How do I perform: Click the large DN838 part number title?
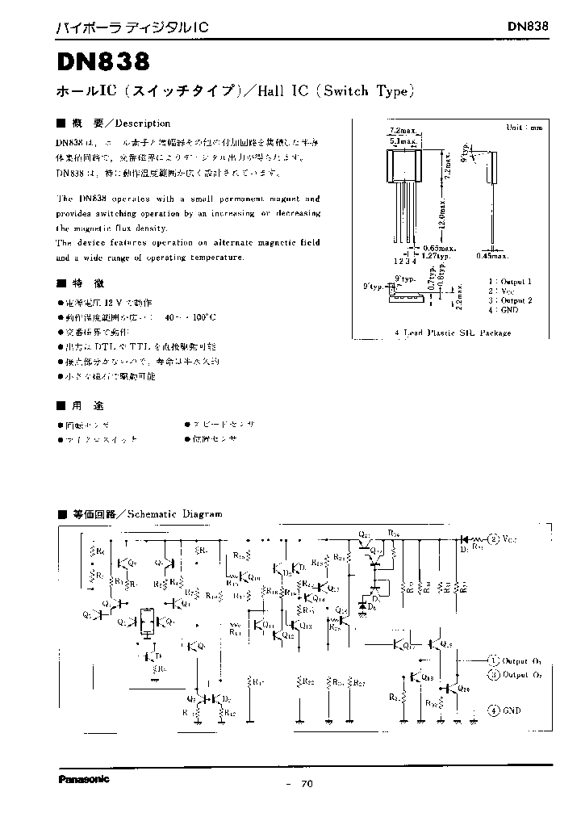pos(102,62)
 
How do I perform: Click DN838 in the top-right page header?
pos(529,26)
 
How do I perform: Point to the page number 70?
pos(306,783)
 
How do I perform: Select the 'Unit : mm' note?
pos(524,128)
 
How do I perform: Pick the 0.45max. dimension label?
pos(491,256)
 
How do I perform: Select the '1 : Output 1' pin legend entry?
pos(509,281)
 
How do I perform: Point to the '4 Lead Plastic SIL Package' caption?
pos(453,333)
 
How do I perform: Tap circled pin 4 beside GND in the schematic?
pos(492,710)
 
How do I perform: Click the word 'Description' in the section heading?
pos(144,124)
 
